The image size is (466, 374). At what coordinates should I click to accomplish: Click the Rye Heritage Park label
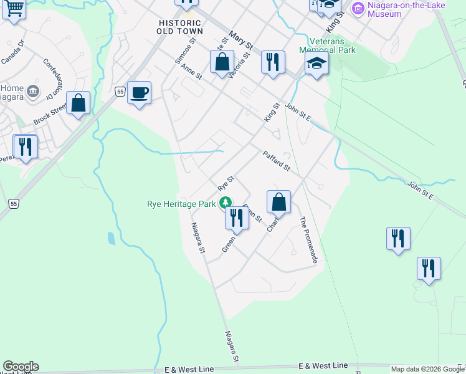pyautogui.click(x=181, y=204)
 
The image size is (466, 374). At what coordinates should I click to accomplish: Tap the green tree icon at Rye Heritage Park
pyautogui.click(x=225, y=203)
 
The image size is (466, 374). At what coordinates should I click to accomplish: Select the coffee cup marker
pyautogui.click(x=140, y=93)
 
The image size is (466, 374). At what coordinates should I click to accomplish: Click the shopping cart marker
pyautogui.click(x=13, y=9)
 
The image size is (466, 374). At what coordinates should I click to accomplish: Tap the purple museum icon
pyautogui.click(x=358, y=8)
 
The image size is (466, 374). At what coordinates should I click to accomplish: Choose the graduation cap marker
pyautogui.click(x=316, y=63)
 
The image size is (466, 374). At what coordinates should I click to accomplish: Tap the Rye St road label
pyautogui.click(x=226, y=183)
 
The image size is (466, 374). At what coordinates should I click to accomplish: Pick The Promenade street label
pyautogui.click(x=309, y=240)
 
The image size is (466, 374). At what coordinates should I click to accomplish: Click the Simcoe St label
pyautogui.click(x=185, y=50)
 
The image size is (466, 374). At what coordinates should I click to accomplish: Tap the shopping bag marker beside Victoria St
pyautogui.click(x=222, y=62)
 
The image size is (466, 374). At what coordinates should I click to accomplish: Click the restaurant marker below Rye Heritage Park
pyautogui.click(x=237, y=218)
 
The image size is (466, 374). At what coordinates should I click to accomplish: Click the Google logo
pyautogui.click(x=21, y=367)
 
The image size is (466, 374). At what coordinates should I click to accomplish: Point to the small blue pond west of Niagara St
pyautogui.click(x=111, y=238)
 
